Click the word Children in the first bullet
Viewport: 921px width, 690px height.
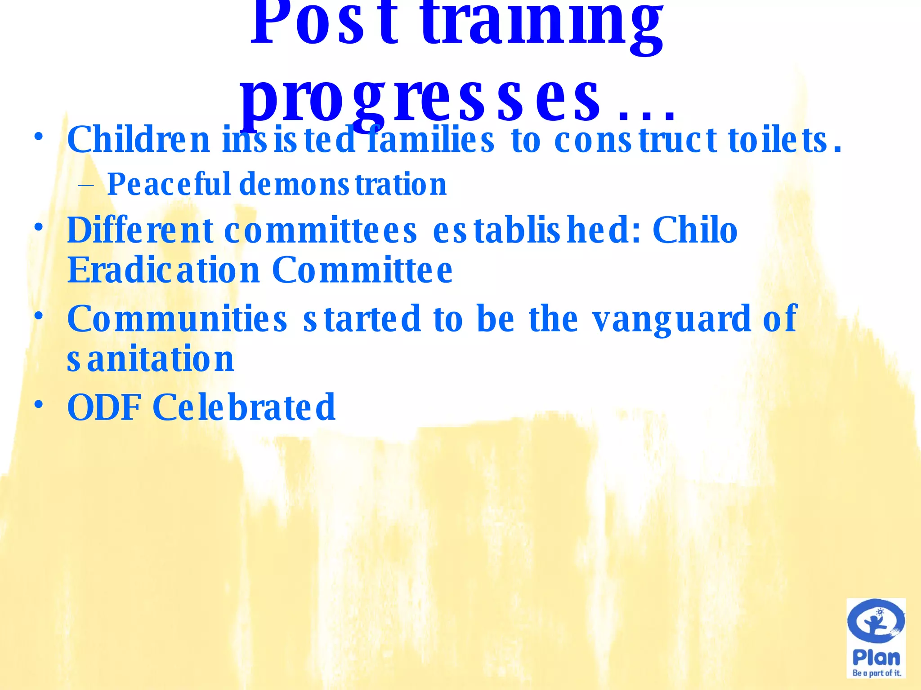(139, 140)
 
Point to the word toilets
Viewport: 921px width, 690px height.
(784, 140)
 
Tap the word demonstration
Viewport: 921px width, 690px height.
(343, 184)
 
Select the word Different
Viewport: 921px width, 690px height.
(140, 230)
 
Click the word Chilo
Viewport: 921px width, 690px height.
(695, 230)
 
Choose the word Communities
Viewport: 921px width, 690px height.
(177, 318)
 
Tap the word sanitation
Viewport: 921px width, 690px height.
(151, 359)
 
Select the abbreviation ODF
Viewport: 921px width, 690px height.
(104, 407)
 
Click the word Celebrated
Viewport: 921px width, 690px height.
(244, 407)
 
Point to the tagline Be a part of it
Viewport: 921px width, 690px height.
(876, 673)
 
